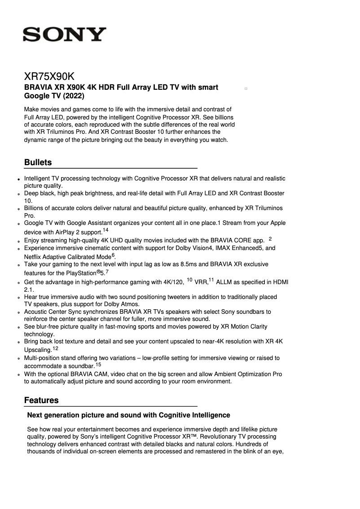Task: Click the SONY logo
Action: click(x=65, y=35)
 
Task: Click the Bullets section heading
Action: click(x=38, y=162)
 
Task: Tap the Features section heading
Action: click(x=41, y=400)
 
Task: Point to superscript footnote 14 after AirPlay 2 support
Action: click(x=105, y=230)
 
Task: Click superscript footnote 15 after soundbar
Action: click(x=98, y=364)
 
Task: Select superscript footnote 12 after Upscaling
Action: click(x=55, y=348)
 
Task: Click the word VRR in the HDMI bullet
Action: click(x=201, y=282)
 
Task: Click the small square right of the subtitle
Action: click(x=246, y=89)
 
